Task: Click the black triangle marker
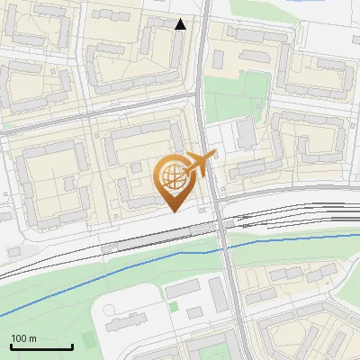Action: click(180, 24)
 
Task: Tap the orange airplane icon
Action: click(200, 164)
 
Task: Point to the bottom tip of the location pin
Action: click(172, 211)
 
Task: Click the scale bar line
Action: click(40, 347)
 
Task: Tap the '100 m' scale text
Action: click(23, 338)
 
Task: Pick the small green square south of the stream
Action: click(194, 312)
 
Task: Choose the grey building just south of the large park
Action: click(245, 134)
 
